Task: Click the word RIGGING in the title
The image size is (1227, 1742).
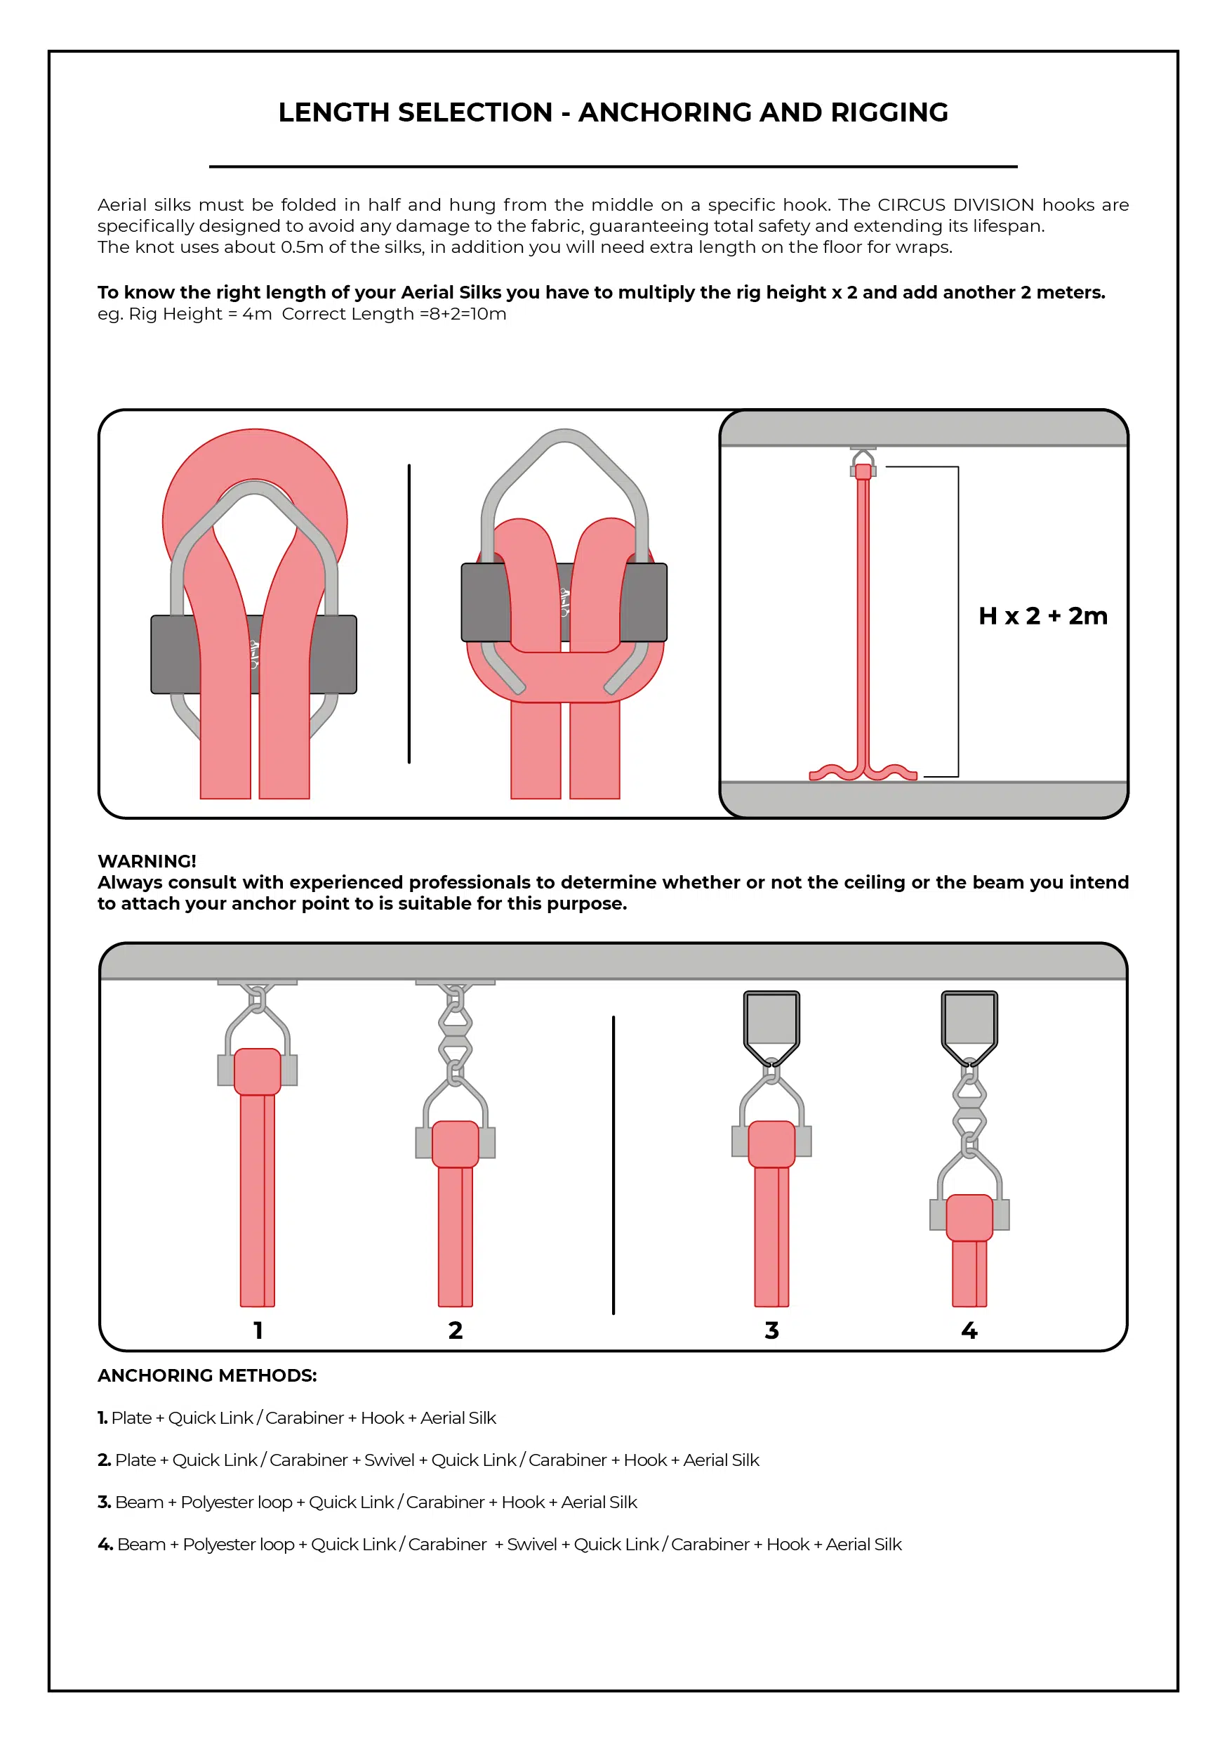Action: tap(889, 112)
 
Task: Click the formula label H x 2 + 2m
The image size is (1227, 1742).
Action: tap(1042, 615)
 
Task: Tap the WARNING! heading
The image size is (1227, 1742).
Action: tap(147, 861)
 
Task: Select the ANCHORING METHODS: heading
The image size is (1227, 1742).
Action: tap(207, 1375)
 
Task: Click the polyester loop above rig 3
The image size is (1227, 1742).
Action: tap(771, 1021)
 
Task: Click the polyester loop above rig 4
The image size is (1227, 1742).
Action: tap(969, 1021)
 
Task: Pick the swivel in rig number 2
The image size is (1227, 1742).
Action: tap(455, 1036)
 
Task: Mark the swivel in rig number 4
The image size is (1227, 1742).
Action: tap(969, 1108)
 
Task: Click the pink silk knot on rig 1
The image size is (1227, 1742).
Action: tap(258, 1071)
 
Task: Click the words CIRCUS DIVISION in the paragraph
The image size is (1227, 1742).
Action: tap(955, 205)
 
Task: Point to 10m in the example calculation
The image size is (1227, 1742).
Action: tap(489, 314)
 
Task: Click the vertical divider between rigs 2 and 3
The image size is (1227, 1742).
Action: tap(613, 1165)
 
